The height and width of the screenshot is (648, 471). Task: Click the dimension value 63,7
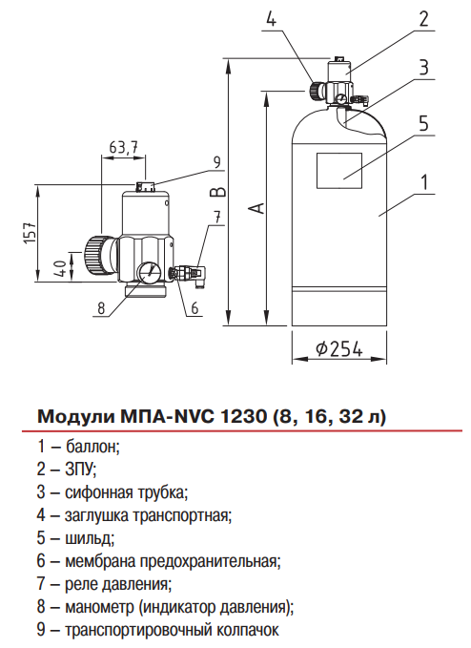pyautogui.click(x=124, y=147)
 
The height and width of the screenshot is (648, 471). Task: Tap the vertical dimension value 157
pyautogui.click(x=30, y=233)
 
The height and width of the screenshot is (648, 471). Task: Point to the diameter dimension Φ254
pyautogui.click(x=338, y=349)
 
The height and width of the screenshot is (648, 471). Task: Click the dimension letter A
pyautogui.click(x=253, y=207)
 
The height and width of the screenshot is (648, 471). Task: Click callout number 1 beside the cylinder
pyautogui.click(x=423, y=180)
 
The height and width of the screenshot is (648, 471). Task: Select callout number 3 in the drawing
pyautogui.click(x=422, y=68)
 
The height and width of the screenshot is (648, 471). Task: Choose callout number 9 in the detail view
pyautogui.click(x=216, y=160)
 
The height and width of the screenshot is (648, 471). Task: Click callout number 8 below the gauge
pyautogui.click(x=99, y=307)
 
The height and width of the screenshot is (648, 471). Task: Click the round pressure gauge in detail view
pyautogui.click(x=148, y=272)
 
